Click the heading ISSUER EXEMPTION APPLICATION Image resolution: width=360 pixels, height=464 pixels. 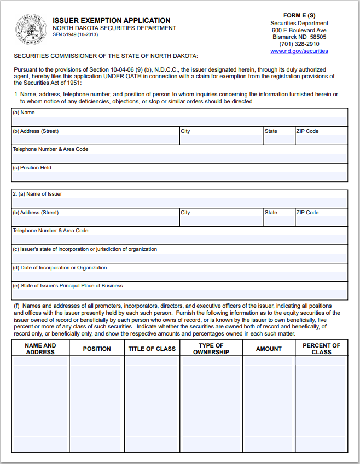tap(111, 21)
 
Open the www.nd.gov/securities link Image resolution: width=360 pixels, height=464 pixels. tap(299, 51)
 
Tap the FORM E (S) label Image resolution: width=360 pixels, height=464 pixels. tap(299, 16)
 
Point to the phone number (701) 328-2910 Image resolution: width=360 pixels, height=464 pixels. tap(299, 44)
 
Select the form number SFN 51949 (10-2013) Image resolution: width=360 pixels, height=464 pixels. tap(76, 34)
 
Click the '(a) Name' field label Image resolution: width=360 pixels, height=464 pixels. tap(24, 113)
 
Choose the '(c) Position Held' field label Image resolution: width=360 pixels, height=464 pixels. tap(32, 168)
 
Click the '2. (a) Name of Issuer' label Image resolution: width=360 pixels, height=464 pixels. tap(37, 194)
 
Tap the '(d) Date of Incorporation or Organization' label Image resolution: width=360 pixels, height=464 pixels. tap(60, 268)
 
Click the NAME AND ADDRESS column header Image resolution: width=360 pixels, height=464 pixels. tap(40, 349)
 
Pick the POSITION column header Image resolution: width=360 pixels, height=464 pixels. tap(97, 349)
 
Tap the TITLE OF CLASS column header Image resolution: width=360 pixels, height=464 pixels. tap(152, 349)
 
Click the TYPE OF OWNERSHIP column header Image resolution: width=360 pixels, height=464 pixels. tap(211, 349)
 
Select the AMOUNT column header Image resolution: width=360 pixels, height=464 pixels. tap(269, 349)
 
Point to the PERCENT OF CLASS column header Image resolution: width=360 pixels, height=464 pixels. tap(321, 349)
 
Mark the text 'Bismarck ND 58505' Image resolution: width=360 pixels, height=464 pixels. tap(299, 37)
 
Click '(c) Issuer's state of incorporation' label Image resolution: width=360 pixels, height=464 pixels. tap(85, 249)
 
